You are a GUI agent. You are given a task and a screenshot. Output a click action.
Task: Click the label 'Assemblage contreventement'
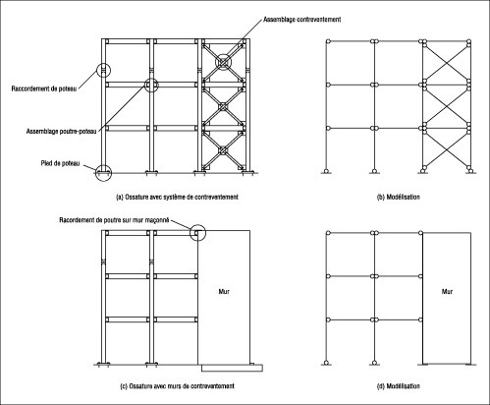click(x=301, y=20)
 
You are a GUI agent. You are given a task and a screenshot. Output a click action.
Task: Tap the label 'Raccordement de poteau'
click(x=44, y=88)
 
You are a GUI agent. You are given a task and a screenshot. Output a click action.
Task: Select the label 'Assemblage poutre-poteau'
click(x=61, y=132)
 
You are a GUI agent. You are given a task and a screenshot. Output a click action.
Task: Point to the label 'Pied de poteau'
click(x=60, y=163)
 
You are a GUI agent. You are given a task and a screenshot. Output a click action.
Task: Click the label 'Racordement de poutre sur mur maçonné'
click(x=114, y=220)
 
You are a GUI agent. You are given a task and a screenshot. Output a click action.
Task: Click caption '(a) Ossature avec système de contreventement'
click(x=177, y=197)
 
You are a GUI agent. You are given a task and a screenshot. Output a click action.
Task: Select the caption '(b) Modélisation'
click(x=399, y=197)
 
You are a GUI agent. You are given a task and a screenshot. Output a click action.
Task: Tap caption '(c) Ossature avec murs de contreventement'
click(x=178, y=386)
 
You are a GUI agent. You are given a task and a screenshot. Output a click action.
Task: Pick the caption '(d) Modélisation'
click(x=399, y=386)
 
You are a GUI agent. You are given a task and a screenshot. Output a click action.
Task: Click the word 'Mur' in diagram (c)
click(x=224, y=291)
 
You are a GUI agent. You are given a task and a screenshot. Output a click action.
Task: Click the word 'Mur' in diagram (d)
click(x=447, y=291)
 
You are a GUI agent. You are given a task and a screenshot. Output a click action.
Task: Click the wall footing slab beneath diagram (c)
click(x=232, y=368)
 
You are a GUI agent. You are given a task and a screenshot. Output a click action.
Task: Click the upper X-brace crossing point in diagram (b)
click(x=447, y=62)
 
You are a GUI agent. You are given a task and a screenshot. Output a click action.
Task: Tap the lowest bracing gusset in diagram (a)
click(x=223, y=150)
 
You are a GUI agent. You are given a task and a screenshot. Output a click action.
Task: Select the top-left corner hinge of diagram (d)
click(x=328, y=233)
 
